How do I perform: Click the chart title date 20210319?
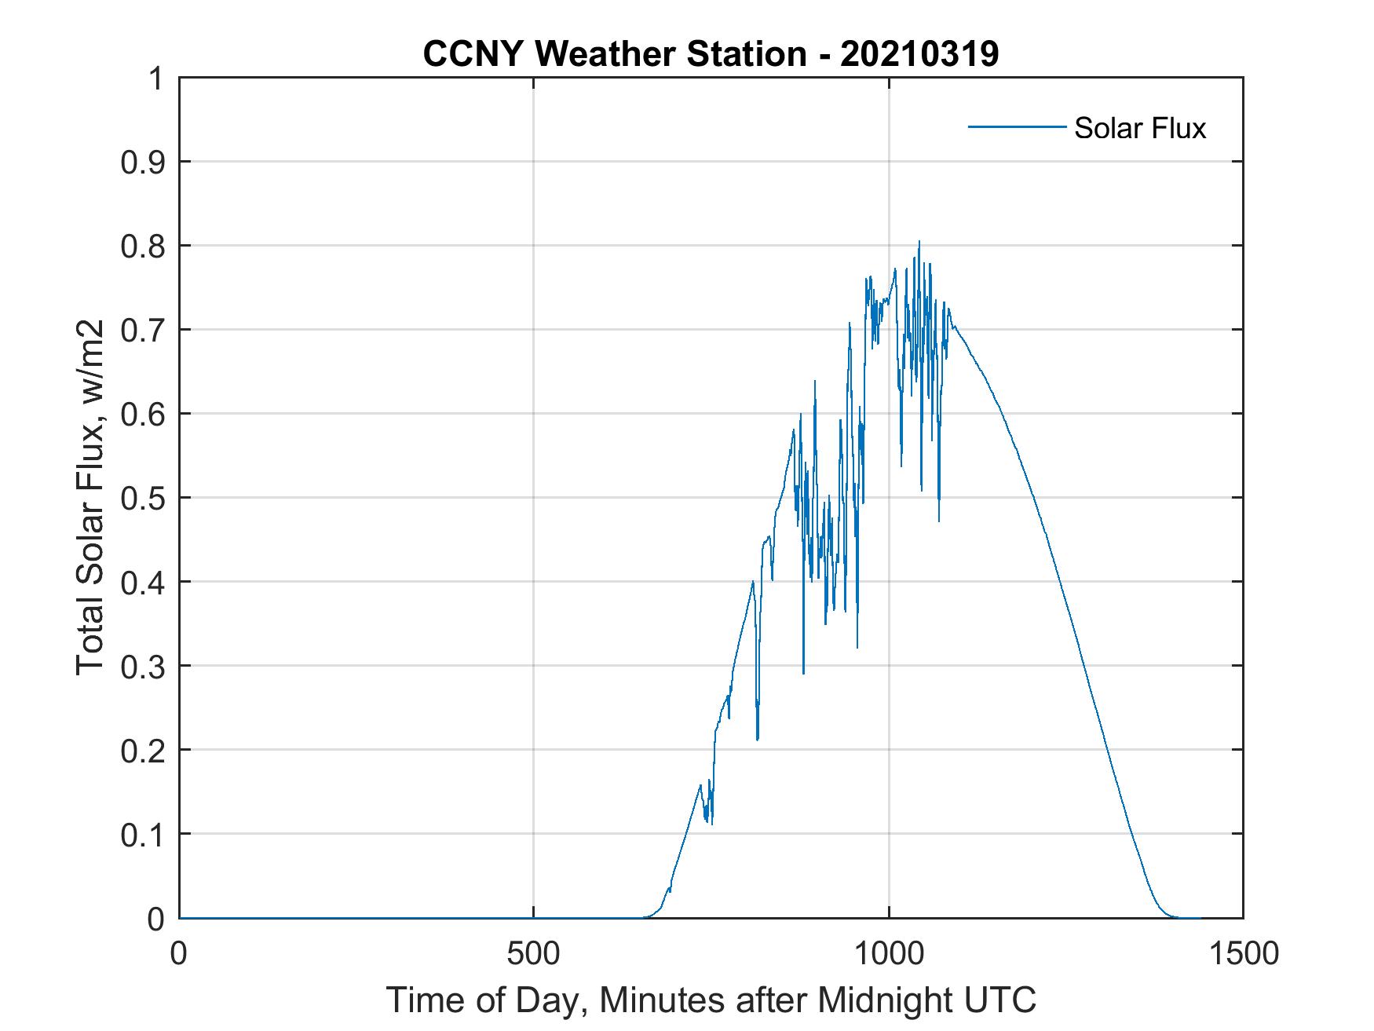[919, 54]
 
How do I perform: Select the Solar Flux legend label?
[1139, 127]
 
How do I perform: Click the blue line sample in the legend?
[1016, 126]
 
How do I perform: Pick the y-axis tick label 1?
[156, 79]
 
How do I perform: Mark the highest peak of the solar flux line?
[919, 242]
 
